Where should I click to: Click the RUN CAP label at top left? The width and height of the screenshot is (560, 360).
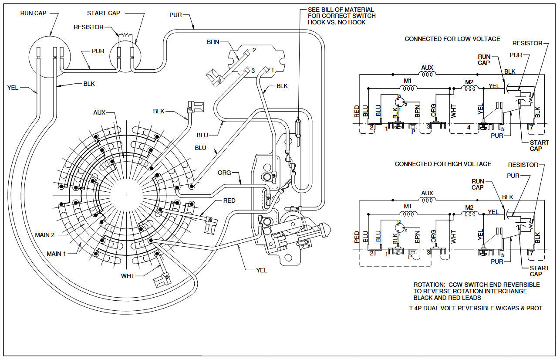tap(33, 13)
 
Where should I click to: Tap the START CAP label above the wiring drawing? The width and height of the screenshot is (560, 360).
tap(104, 13)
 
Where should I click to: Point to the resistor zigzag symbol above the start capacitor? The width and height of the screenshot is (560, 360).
tap(125, 34)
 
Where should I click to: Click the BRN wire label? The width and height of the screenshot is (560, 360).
tap(213, 42)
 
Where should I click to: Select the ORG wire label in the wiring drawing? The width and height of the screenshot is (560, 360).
tap(224, 173)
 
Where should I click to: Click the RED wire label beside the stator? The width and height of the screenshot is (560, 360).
tap(229, 200)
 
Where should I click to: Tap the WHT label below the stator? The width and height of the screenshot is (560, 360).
tap(128, 276)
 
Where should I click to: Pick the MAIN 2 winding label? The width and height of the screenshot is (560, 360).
tap(45, 235)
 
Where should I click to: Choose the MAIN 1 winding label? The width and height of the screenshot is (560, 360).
tap(56, 254)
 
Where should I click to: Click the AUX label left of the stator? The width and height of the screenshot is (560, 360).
tap(99, 112)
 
